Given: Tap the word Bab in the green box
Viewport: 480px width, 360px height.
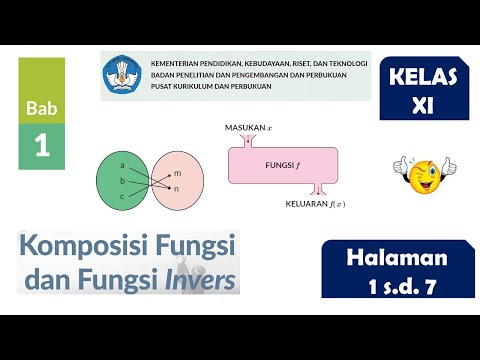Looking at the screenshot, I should (x=41, y=107).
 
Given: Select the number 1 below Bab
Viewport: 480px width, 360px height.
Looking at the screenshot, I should (x=41, y=146).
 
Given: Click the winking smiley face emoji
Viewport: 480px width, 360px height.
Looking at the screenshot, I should (x=419, y=175).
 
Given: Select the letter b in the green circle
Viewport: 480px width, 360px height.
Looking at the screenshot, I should (x=121, y=180).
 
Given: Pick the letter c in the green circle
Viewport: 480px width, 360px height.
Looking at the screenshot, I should (x=121, y=197).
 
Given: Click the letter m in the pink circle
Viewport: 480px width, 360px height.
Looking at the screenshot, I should (x=177, y=173).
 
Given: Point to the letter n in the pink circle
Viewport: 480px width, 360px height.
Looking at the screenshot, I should (x=177, y=189).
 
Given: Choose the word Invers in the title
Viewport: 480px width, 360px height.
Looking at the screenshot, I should (x=199, y=277).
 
